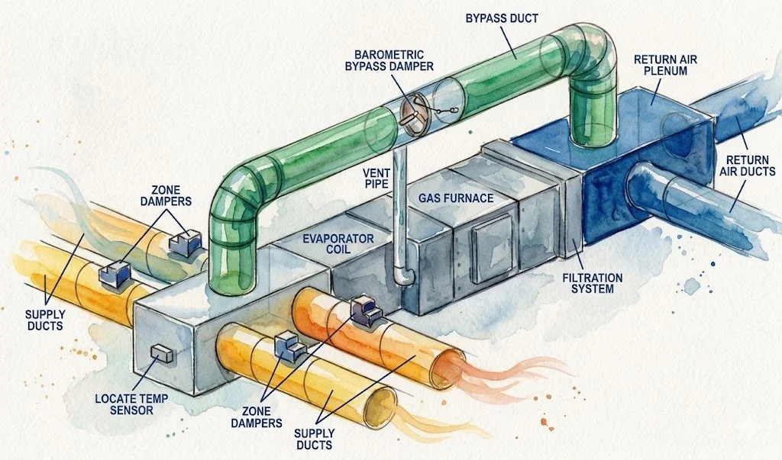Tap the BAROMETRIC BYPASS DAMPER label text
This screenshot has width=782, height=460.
[394, 60]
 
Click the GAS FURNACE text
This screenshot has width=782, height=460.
[455, 198]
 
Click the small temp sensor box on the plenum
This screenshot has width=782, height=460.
[161, 353]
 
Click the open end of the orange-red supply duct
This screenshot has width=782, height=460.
[450, 366]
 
